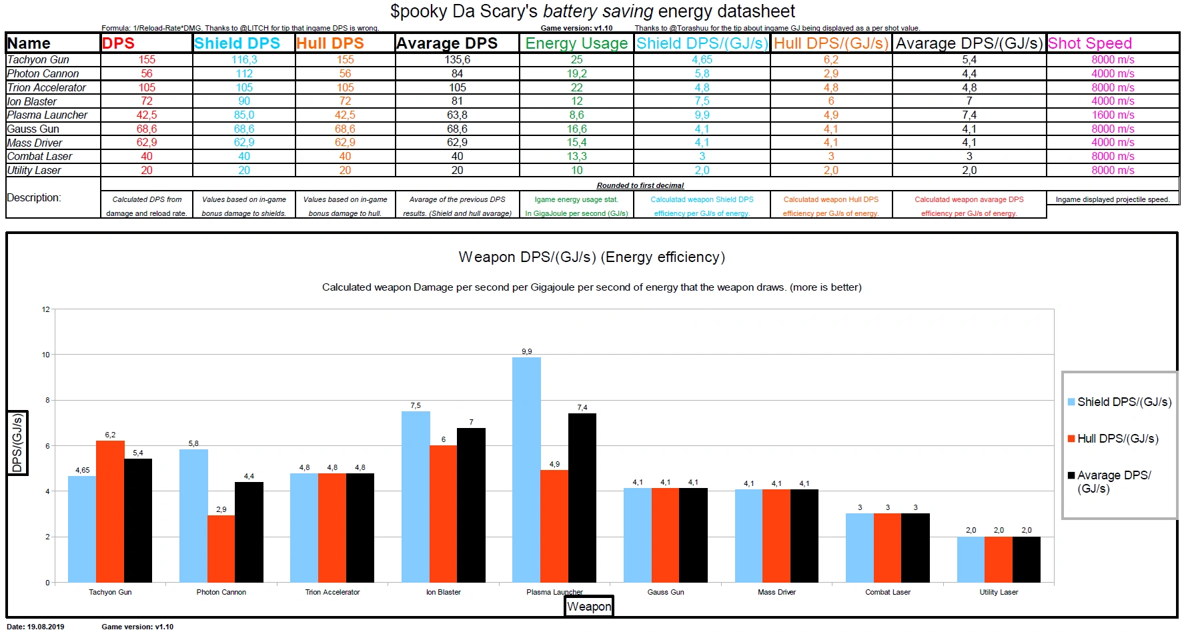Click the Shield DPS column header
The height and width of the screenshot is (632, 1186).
[237, 43]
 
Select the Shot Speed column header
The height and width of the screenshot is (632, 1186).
[1089, 43]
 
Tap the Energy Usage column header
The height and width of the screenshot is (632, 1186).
[576, 43]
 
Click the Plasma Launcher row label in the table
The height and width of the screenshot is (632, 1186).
[47, 115]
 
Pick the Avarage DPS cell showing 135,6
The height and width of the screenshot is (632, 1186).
[457, 60]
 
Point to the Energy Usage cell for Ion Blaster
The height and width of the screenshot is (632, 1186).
[576, 101]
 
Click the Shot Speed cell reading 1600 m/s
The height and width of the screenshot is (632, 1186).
[1113, 115]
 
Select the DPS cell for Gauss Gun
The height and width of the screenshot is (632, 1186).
[147, 129]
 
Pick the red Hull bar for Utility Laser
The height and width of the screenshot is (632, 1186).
[999, 559]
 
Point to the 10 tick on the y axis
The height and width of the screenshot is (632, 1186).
[46, 355]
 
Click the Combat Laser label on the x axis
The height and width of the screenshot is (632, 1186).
[887, 592]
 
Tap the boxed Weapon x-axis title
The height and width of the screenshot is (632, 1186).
[588, 606]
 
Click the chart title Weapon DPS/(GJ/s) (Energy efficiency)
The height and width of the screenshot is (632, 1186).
[592, 257]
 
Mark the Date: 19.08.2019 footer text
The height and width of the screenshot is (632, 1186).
[36, 627]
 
